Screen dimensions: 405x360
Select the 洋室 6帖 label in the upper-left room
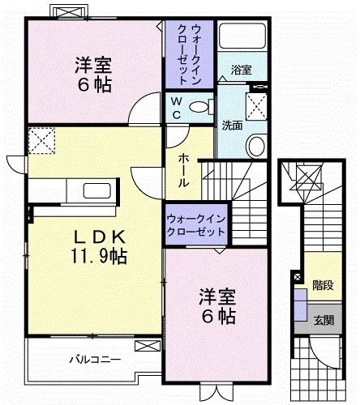(94, 75)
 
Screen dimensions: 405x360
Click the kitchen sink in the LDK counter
(96, 191)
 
